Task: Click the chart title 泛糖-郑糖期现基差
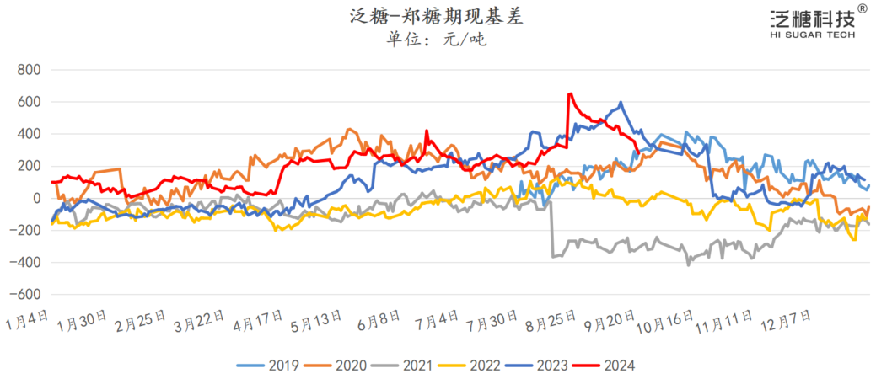437,16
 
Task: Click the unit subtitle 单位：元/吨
437,40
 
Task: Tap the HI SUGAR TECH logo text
812,35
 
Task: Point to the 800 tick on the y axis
29,70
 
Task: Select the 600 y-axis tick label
29,102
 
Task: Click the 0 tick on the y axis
36,199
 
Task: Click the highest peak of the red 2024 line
571,94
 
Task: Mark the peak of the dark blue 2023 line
621,103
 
